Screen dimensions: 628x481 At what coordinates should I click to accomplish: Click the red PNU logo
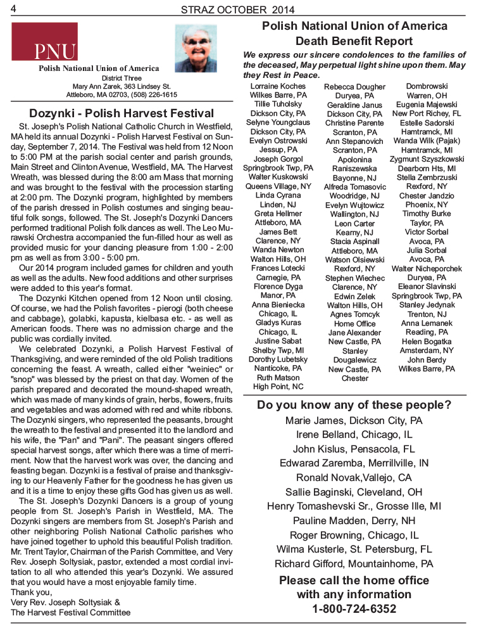[44, 42]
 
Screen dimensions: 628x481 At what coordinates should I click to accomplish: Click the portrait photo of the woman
[196, 48]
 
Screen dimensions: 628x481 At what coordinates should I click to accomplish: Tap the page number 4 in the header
[13, 8]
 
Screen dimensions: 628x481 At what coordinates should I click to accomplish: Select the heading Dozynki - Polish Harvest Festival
[122, 113]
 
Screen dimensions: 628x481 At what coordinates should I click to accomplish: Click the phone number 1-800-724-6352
[354, 609]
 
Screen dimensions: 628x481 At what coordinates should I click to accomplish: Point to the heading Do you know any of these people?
[354, 405]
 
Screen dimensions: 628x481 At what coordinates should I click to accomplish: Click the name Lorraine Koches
[278, 86]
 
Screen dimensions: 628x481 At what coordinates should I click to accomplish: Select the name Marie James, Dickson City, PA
[354, 420]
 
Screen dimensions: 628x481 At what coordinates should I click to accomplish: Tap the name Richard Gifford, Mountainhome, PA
[354, 563]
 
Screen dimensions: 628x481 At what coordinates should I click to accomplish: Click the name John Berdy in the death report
[427, 359]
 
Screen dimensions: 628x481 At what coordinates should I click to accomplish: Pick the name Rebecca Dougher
[354, 87]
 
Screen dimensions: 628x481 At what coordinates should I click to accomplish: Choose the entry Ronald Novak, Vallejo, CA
[354, 478]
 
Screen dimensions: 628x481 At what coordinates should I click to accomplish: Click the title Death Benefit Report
[354, 41]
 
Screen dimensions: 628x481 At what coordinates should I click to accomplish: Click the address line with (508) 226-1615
[122, 94]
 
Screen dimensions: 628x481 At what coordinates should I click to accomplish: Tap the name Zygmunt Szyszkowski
[427, 159]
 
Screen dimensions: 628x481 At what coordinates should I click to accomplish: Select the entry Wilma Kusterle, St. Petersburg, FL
[354, 549]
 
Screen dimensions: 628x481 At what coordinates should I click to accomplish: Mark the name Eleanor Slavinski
[427, 286]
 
